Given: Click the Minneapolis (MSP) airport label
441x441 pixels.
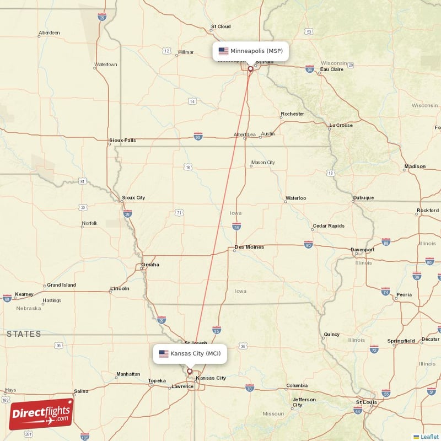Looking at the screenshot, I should [x=251, y=51].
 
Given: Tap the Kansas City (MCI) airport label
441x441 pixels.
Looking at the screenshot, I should [x=191, y=353].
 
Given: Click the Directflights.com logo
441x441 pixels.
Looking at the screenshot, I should [x=41, y=414].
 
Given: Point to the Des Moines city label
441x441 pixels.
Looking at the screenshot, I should [x=249, y=247].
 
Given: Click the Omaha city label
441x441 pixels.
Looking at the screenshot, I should [x=150, y=265].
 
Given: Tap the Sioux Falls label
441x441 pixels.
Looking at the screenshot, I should [x=122, y=140].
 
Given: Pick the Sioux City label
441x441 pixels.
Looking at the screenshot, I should [x=133, y=197].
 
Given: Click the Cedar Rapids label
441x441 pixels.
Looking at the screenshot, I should [x=328, y=226].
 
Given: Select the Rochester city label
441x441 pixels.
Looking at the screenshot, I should [x=292, y=114].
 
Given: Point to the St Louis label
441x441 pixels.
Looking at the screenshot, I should [x=367, y=402].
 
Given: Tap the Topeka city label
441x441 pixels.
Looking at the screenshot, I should [x=157, y=381].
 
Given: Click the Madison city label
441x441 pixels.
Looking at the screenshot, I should [x=415, y=166].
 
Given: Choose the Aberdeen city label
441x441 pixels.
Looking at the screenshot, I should [x=49, y=33].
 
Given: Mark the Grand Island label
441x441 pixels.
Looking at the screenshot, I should [x=61, y=285].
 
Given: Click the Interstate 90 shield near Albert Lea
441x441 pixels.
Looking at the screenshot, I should [x=198, y=135].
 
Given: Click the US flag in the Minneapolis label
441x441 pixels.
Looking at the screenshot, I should [x=223, y=51].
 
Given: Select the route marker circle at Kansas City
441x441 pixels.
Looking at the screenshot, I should [x=190, y=372].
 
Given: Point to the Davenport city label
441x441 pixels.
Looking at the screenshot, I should [x=363, y=250].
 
